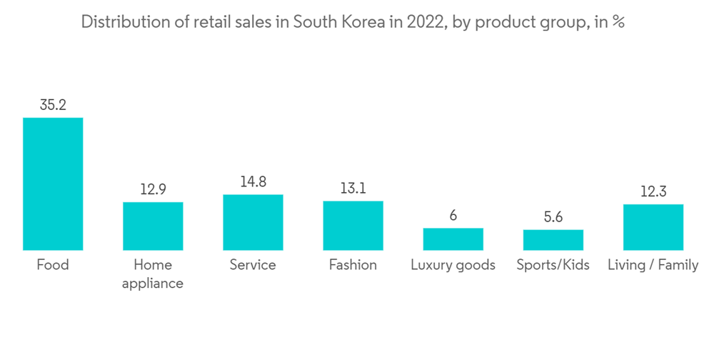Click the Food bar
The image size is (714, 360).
pyautogui.click(x=53, y=184)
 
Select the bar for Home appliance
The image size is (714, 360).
pyautogui.click(x=153, y=226)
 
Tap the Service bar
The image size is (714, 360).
pyautogui.click(x=253, y=222)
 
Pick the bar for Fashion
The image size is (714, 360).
pyautogui.click(x=353, y=225)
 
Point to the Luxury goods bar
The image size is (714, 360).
pyautogui.click(x=453, y=239)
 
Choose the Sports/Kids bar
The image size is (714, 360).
pyautogui.click(x=553, y=239)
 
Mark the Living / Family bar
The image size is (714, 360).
pyautogui.click(x=653, y=227)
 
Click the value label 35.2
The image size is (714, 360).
pyautogui.click(x=53, y=105)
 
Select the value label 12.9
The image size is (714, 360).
pyautogui.click(x=153, y=190)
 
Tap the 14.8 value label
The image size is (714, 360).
pyautogui.click(x=253, y=182)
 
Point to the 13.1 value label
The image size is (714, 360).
pyautogui.click(x=353, y=189)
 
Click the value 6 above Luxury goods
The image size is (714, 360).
pyautogui.click(x=453, y=216)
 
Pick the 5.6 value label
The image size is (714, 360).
pyautogui.click(x=553, y=217)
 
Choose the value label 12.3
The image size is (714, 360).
pyautogui.click(x=653, y=192)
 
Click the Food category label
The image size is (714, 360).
pyautogui.click(x=53, y=265)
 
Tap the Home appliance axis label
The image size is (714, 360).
pyautogui.click(x=153, y=274)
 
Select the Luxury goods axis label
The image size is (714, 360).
pyautogui.click(x=453, y=265)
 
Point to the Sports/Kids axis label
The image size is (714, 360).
pyautogui.click(x=553, y=265)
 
